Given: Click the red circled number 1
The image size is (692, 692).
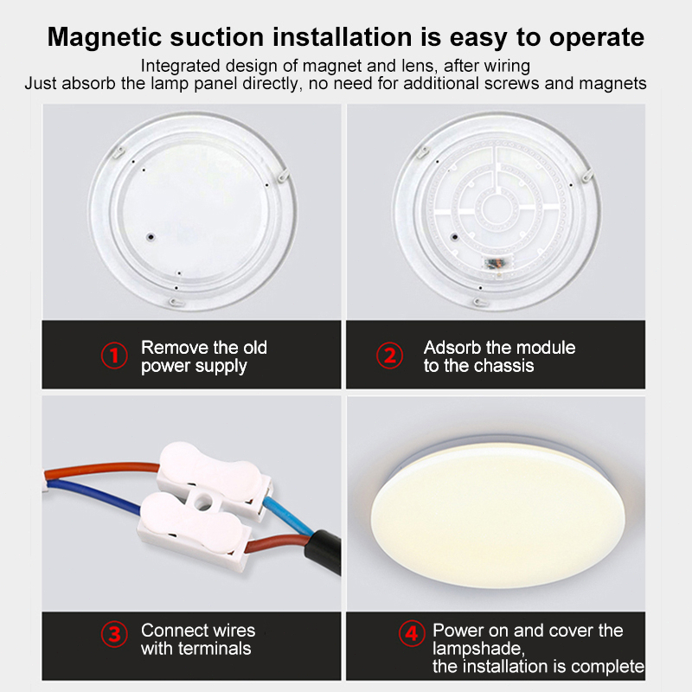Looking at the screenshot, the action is (114, 356).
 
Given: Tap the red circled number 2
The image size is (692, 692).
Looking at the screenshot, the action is (390, 356).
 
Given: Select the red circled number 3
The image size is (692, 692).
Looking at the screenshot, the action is (114, 634).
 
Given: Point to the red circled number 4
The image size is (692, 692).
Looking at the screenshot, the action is (412, 634).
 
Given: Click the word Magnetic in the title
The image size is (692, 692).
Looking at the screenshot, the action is (105, 37).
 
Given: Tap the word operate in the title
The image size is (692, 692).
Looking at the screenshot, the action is (597, 38).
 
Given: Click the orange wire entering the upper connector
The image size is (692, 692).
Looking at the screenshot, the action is (102, 469).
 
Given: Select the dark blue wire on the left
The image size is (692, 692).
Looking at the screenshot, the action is (93, 497).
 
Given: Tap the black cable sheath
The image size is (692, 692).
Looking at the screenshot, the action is (326, 551).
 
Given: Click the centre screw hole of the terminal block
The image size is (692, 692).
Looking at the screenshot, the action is (203, 501).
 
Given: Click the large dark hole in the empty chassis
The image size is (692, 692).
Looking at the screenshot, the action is (151, 237).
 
